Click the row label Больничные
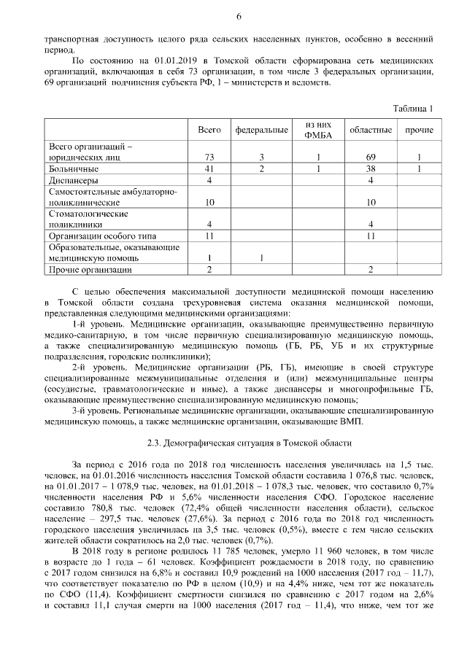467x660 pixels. [74, 168]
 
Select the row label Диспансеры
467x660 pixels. [74, 179]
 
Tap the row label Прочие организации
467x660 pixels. [85, 271]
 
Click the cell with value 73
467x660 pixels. [209, 157]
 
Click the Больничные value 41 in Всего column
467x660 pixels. [209, 168]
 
